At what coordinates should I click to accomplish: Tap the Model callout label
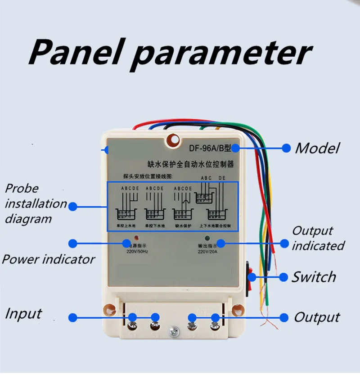[x=317, y=148]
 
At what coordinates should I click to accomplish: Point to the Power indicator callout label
[x=49, y=259]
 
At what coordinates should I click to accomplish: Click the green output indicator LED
[x=207, y=238]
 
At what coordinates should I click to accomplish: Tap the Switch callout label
[x=314, y=277]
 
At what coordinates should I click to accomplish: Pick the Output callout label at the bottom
[x=317, y=317]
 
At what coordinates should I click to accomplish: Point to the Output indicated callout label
[x=318, y=238]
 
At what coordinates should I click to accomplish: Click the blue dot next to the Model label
[x=285, y=148]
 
